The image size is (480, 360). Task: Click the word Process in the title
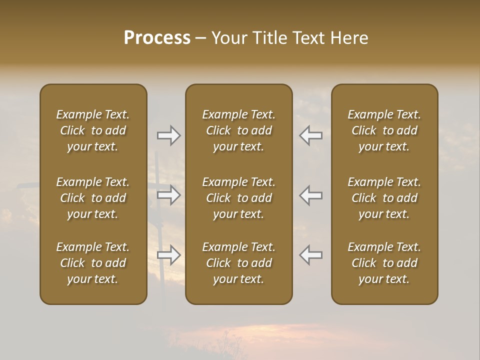pos(157,38)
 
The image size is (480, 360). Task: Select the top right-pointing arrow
pos(168,135)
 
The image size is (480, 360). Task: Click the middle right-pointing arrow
pos(168,195)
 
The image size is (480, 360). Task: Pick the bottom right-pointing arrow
pos(168,255)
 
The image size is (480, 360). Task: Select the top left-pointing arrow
pos(311,135)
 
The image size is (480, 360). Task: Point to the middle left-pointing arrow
pos(311,195)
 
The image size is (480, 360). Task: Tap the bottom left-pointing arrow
pos(311,255)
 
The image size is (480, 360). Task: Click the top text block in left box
pos(93,130)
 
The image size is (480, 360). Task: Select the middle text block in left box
pos(93,198)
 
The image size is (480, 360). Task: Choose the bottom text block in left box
pos(93,263)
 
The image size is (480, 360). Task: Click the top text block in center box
pos(238,130)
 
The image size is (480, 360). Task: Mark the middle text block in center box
pos(238,198)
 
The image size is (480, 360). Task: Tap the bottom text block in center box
pos(238,263)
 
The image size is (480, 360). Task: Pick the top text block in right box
pos(384,130)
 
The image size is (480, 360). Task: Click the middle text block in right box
pos(384,198)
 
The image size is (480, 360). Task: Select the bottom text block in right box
pos(384,263)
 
